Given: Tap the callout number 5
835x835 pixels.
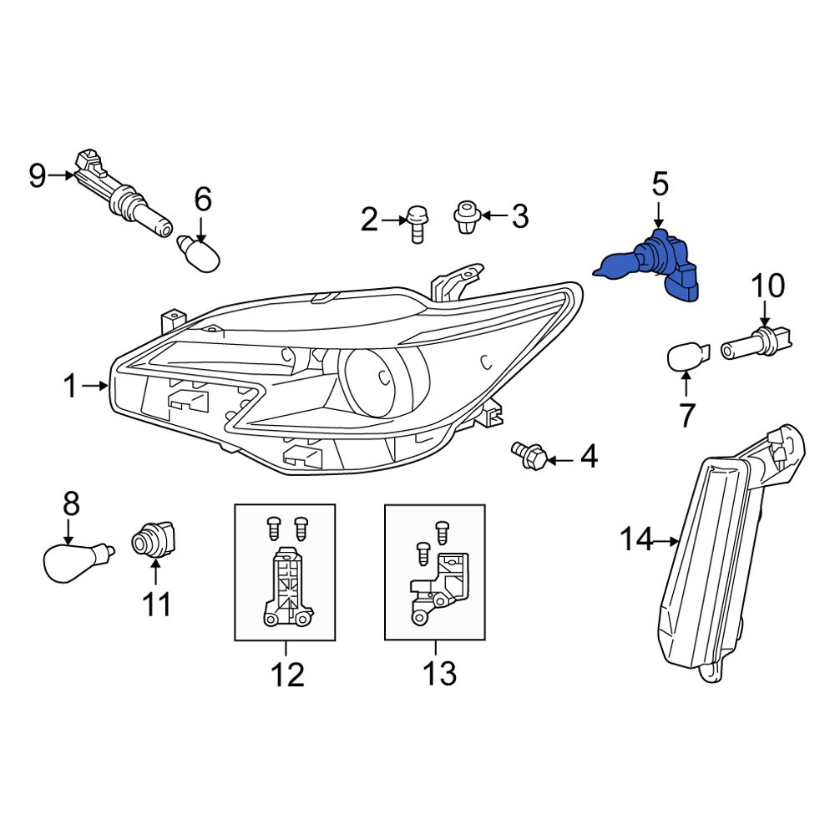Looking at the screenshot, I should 660,183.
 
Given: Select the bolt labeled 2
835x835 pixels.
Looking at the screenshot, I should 415,225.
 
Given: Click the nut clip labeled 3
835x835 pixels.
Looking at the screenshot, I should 465,216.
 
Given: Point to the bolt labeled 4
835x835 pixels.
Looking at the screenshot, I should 529,454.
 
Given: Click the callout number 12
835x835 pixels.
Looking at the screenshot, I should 286,674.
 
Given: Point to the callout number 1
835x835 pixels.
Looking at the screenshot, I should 70,386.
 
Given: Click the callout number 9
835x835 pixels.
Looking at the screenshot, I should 37,175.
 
